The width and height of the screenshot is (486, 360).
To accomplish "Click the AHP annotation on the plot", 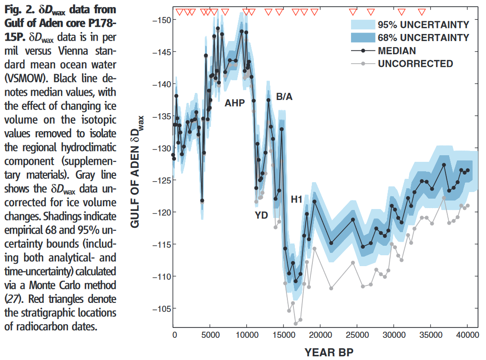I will pos(235,102).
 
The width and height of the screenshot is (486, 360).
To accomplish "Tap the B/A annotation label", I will pos(284,97).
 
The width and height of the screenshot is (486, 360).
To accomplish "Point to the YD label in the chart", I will pos(261,216).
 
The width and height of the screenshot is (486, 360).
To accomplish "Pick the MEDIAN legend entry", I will pos(397,50).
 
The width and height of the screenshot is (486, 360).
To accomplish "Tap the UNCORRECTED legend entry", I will pos(415,64).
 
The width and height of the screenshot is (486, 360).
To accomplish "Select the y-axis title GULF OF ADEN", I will pos(138,173).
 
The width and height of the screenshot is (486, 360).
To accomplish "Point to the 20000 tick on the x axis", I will pos(320,334).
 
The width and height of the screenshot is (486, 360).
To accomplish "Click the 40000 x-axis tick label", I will pos(467,334).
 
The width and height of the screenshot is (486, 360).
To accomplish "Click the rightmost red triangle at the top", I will pos(422,12).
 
